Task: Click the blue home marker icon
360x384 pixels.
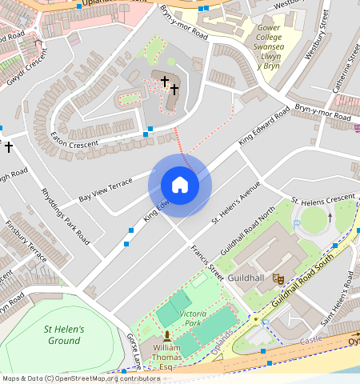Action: pos(180,185)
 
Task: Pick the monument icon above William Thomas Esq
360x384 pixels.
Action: pos(167,336)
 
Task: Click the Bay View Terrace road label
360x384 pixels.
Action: pos(105,190)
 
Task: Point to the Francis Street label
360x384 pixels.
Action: pos(206,262)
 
